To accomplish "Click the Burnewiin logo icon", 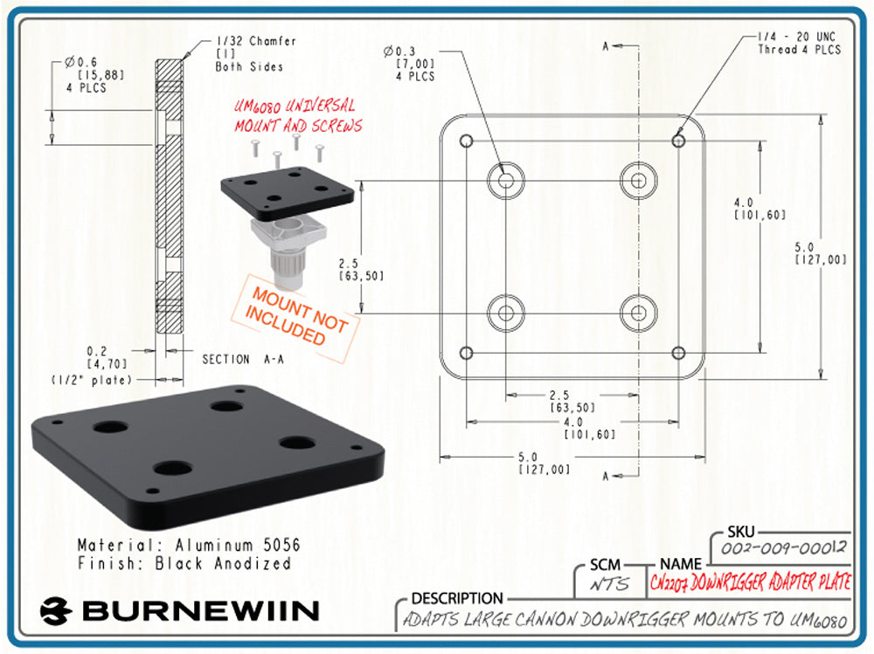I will click(56, 609).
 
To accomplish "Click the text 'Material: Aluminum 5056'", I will click(189, 545).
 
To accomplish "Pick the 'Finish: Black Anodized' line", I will click(184, 564).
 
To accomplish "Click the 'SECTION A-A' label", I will click(242, 359).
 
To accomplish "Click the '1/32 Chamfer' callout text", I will click(256, 41).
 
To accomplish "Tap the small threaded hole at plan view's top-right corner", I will click(678, 140).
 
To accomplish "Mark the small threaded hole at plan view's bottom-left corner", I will click(466, 353).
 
